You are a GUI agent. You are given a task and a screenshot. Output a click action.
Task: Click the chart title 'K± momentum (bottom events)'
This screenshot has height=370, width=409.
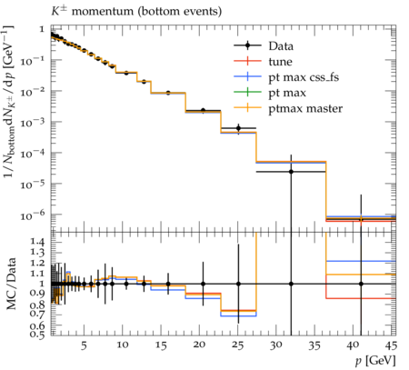coord(136,12)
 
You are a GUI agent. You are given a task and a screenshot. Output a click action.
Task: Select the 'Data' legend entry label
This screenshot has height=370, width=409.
coord(281,46)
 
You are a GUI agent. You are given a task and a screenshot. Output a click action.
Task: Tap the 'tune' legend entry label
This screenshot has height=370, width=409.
coord(280,62)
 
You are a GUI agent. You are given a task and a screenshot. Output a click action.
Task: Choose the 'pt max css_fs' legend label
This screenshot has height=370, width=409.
coord(304,77)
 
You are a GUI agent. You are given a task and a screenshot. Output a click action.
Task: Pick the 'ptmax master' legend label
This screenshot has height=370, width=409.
coord(305,109)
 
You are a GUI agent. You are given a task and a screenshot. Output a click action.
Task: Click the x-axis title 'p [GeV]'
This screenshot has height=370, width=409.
coord(375,361)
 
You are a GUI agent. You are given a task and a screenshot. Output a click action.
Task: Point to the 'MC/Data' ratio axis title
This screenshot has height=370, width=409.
coord(11,284)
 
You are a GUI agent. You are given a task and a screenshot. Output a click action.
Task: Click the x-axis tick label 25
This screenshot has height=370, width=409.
coord(238,345)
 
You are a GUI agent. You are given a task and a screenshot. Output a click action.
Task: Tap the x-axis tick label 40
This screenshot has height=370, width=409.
coord(354,345)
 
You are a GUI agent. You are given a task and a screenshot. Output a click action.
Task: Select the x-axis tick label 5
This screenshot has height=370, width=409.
coord(84,345)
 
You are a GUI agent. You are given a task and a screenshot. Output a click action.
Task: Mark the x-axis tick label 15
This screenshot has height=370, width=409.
coord(161,345)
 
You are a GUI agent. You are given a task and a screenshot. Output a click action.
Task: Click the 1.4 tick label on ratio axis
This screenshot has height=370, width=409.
coord(37,242)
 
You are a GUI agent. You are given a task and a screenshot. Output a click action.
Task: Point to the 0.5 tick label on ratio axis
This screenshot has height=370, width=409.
coord(37,334)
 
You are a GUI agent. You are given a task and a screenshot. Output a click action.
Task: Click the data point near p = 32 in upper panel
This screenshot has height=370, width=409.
coord(291,172)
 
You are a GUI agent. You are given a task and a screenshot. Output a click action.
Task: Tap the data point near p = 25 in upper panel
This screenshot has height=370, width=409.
coord(238,128)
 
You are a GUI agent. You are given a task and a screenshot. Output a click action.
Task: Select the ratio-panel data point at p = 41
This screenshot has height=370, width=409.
coord(361,284)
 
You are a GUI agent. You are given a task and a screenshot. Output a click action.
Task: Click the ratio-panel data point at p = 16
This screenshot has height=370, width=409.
coord(168,284)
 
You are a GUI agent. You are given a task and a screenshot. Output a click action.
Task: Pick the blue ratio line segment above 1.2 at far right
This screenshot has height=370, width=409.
coord(361,261)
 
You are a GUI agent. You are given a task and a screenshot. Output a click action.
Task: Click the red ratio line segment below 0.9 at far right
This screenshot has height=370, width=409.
coord(361,298)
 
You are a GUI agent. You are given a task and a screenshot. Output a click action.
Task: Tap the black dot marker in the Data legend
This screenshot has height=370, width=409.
coord(247,45)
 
